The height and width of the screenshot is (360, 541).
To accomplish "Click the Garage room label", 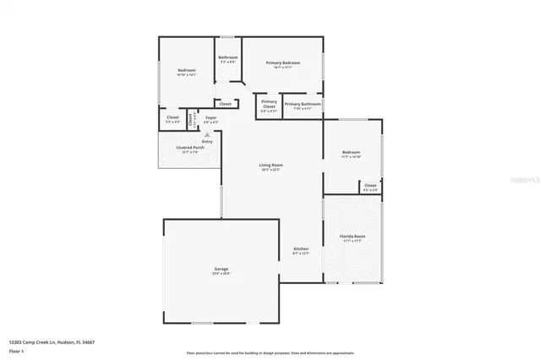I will click(220, 269).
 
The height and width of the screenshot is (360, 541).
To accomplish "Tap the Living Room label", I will click(270, 165).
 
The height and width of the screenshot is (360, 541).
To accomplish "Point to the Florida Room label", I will click(352, 237).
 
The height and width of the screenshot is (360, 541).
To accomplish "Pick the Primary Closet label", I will click(269, 105).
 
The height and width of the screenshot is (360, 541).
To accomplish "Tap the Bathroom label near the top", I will click(228, 57).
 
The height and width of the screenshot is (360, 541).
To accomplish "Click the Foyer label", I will click(210, 118).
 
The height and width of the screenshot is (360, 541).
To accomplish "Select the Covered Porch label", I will click(187, 148).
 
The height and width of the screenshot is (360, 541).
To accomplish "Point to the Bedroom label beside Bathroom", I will click(187, 70).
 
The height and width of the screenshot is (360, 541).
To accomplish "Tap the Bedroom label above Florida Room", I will click(351, 152).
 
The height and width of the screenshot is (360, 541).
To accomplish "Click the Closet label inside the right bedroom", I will click(370, 185).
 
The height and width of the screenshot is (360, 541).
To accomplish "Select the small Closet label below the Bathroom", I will click(225, 104).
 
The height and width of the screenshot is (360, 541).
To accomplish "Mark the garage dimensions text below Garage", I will click(220, 273).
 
